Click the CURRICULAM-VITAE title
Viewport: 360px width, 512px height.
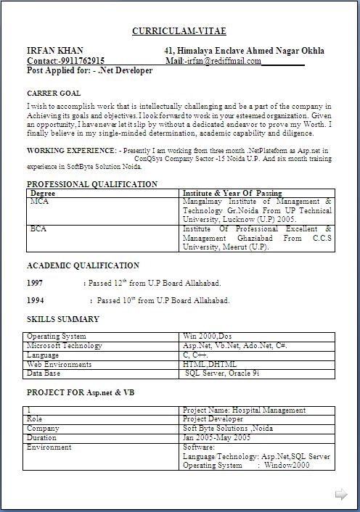click(179, 31)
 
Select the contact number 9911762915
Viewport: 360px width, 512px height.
click(81, 61)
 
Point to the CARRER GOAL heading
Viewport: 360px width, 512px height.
click(54, 94)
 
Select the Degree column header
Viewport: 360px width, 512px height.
click(42, 194)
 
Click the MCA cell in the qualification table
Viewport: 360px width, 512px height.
click(39, 201)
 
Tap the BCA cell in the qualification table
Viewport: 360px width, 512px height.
click(38, 229)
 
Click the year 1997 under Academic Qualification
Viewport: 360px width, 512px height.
click(35, 283)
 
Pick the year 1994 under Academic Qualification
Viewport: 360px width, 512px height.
click(35, 300)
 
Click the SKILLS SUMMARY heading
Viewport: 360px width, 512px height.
click(63, 319)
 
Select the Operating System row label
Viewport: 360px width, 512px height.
click(56, 336)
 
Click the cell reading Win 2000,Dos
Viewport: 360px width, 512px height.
click(208, 336)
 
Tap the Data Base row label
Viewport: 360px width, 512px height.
click(44, 373)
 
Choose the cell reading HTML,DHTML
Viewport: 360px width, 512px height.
click(210, 364)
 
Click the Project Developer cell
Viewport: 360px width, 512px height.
click(213, 419)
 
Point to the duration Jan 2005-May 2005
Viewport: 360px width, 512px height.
click(217, 438)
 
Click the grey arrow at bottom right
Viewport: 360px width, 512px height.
click(340, 495)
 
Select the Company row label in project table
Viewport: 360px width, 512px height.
click(43, 429)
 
